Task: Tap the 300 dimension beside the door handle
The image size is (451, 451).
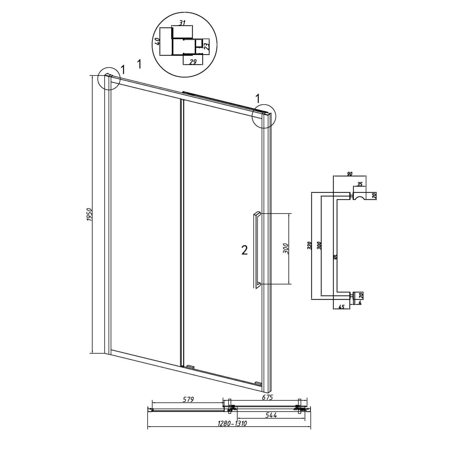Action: [x=286, y=248]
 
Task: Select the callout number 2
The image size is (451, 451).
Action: [x=245, y=250]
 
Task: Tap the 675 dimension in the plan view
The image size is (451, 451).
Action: [x=267, y=397]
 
